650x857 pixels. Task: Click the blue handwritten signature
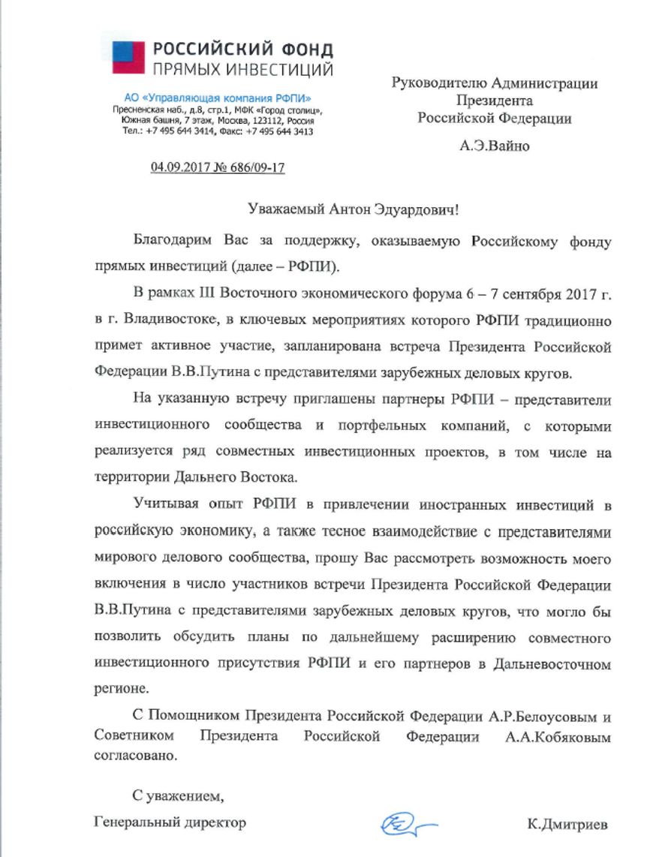point(407,822)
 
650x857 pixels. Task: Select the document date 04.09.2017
point(182,167)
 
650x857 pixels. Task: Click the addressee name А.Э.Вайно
point(494,146)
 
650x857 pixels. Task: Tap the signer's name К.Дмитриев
point(567,824)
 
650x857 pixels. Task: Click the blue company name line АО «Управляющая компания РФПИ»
point(218,98)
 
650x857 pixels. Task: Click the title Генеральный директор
point(170,823)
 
